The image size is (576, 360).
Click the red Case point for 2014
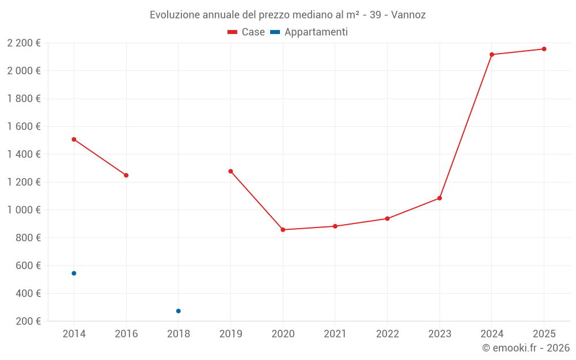pyautogui.click(x=74, y=139)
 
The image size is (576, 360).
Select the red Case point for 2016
pyautogui.click(x=126, y=175)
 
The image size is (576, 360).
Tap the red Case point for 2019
pyautogui.click(x=230, y=171)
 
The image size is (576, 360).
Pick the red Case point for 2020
pyautogui.click(x=283, y=230)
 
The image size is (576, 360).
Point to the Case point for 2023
pyautogui.click(x=439, y=198)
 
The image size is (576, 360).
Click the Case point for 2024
pyautogui.click(x=492, y=55)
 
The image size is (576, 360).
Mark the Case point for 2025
pyautogui.click(x=544, y=49)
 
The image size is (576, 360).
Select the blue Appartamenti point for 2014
pyautogui.click(x=74, y=273)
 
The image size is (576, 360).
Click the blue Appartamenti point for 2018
pyautogui.click(x=179, y=311)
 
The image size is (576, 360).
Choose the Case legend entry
pyautogui.click(x=246, y=32)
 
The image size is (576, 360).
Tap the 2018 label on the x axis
pyautogui.click(x=179, y=334)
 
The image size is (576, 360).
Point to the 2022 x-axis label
pyautogui.click(x=387, y=334)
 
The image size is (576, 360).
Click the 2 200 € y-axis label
pyautogui.click(x=24, y=43)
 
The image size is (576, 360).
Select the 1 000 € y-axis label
pyautogui.click(x=24, y=210)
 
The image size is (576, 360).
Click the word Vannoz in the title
pyautogui.click(x=408, y=15)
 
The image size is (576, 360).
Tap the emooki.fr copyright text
pyautogui.click(x=526, y=348)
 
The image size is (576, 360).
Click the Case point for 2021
pyautogui.click(x=335, y=226)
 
